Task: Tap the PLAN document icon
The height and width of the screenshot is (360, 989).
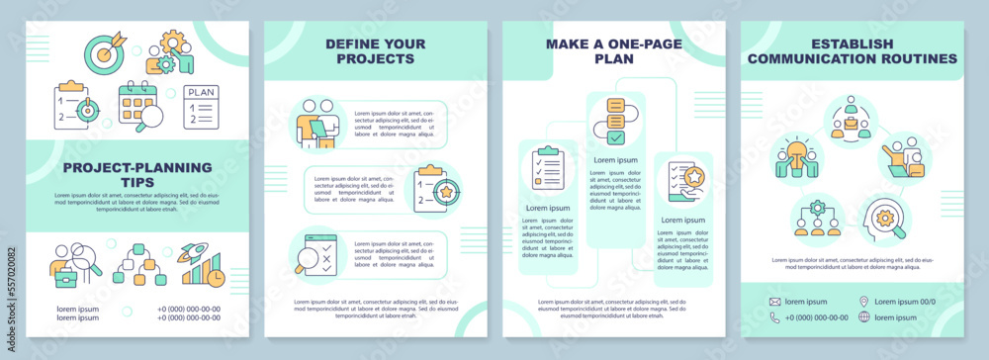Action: pos(201,108)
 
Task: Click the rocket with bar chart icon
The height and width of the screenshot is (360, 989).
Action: pos(201,265)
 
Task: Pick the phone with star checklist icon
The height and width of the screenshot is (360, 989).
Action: pos(683,182)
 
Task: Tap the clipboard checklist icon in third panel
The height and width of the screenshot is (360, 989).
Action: pos(547,169)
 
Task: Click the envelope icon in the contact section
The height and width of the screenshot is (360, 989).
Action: pos(774,301)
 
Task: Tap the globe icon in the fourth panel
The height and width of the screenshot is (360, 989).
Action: pos(864,317)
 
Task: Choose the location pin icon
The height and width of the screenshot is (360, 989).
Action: pos(864,301)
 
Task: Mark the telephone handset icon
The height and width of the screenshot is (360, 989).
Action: pos(774,317)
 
